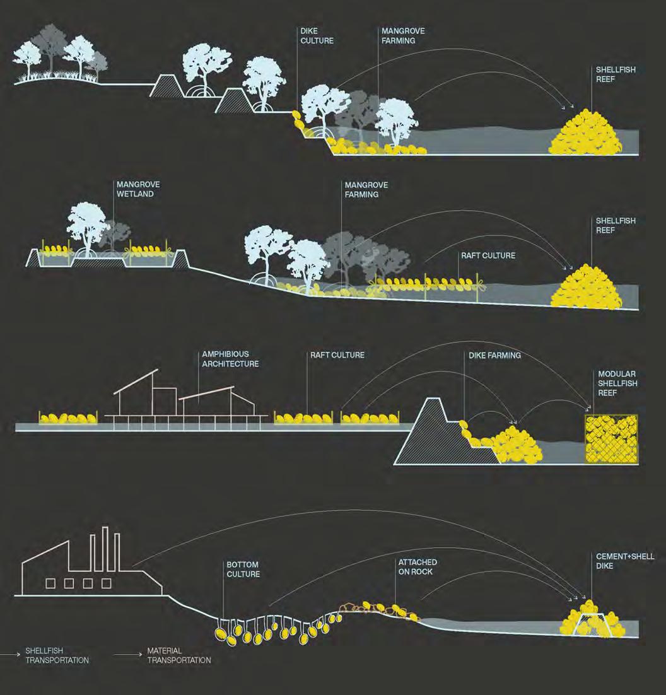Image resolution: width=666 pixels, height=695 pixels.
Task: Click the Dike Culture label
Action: [317, 36]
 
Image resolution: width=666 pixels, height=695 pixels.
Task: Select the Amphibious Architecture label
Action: [230, 359]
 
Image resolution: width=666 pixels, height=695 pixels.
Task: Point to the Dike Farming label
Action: [494, 356]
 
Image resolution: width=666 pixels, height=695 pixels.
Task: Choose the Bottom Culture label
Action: [243, 569]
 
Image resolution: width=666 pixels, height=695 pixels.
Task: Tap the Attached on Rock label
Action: [417, 566]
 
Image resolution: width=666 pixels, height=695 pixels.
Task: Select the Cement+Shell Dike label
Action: [625, 561]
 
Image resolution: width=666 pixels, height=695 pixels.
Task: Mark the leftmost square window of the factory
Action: [49, 583]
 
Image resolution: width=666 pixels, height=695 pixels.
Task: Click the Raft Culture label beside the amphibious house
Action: [337, 355]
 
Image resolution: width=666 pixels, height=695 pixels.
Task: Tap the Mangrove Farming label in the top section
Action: [398, 36]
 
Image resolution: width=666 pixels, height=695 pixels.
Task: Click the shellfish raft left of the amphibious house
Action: [69, 418]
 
